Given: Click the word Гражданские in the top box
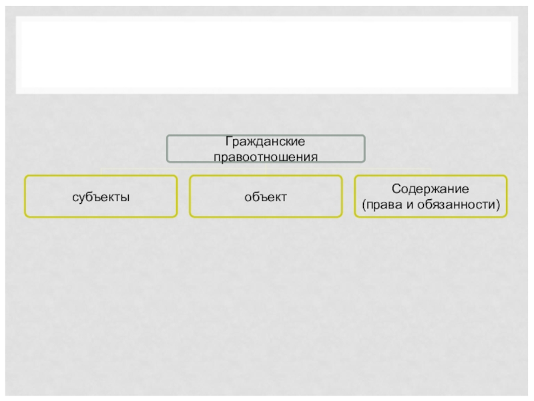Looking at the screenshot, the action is point(265,143).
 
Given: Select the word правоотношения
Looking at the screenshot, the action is point(265,156).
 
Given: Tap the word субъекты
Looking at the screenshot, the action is point(101,197).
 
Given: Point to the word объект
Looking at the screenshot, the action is point(265,197).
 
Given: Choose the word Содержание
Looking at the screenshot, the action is point(431,190).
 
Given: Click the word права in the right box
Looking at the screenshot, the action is point(384,203).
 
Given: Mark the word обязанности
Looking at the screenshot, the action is point(460,203).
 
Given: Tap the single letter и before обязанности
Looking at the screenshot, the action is point(409,203).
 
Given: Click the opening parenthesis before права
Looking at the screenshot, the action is point(364,203).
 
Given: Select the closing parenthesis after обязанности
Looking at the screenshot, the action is point(499,203).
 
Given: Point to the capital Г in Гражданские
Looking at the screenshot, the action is point(228,143).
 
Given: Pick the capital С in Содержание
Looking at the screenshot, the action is point(395,190).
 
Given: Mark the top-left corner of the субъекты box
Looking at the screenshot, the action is point(25,176).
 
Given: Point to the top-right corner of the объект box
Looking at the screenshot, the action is point(341,176).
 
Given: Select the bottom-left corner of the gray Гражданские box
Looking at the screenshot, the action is point(168,162).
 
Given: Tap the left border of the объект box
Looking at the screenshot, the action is point(190,196).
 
